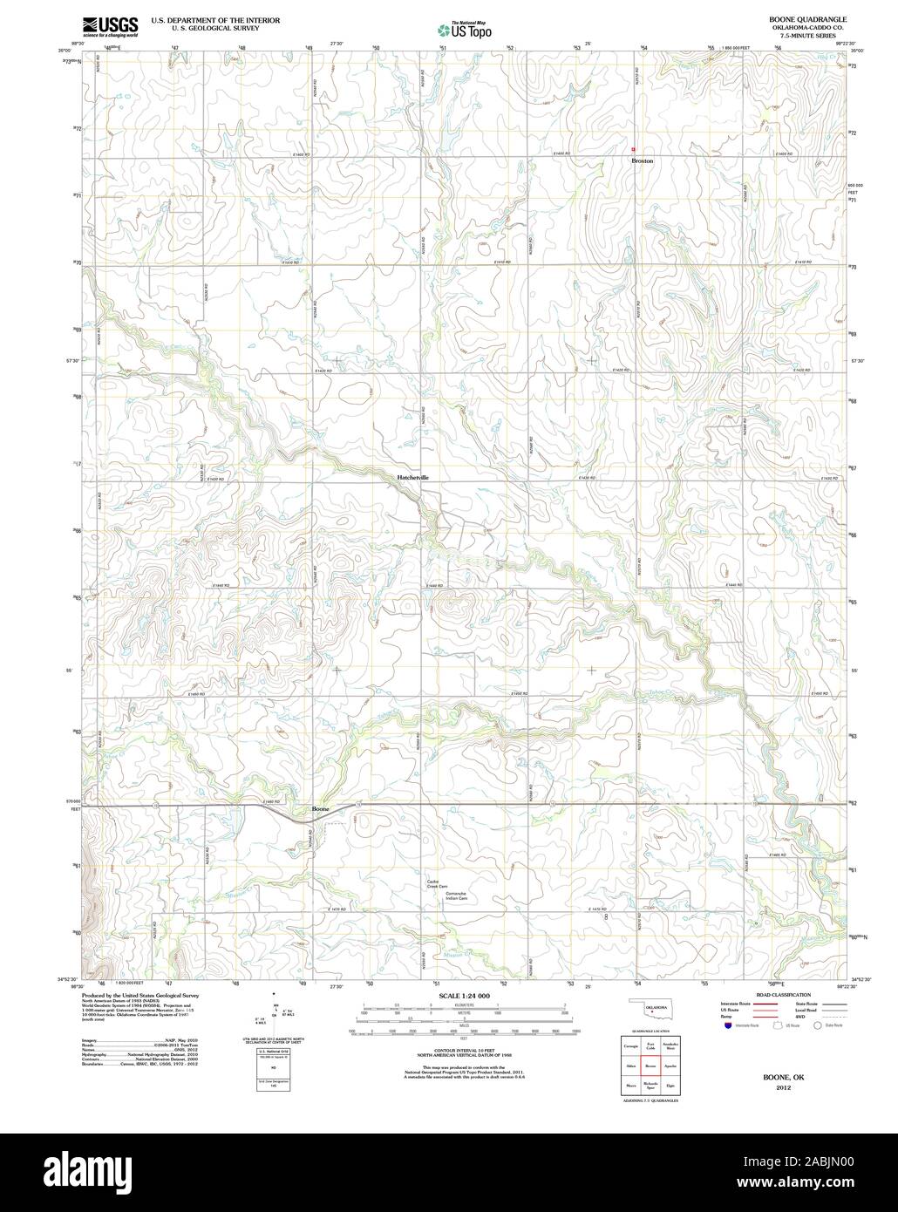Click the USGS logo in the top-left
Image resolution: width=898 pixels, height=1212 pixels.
(x=111, y=26)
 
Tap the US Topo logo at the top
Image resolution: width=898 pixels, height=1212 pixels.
(x=465, y=30)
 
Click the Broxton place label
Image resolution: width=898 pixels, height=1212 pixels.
(x=642, y=161)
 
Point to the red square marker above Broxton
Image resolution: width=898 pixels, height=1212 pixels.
(x=634, y=148)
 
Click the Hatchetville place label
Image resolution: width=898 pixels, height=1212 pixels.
(x=412, y=478)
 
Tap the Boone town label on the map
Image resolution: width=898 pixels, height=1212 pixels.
(x=321, y=810)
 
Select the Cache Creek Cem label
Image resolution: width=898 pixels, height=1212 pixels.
(x=436, y=886)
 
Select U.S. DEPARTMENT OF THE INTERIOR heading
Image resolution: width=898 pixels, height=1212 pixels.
(x=215, y=18)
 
